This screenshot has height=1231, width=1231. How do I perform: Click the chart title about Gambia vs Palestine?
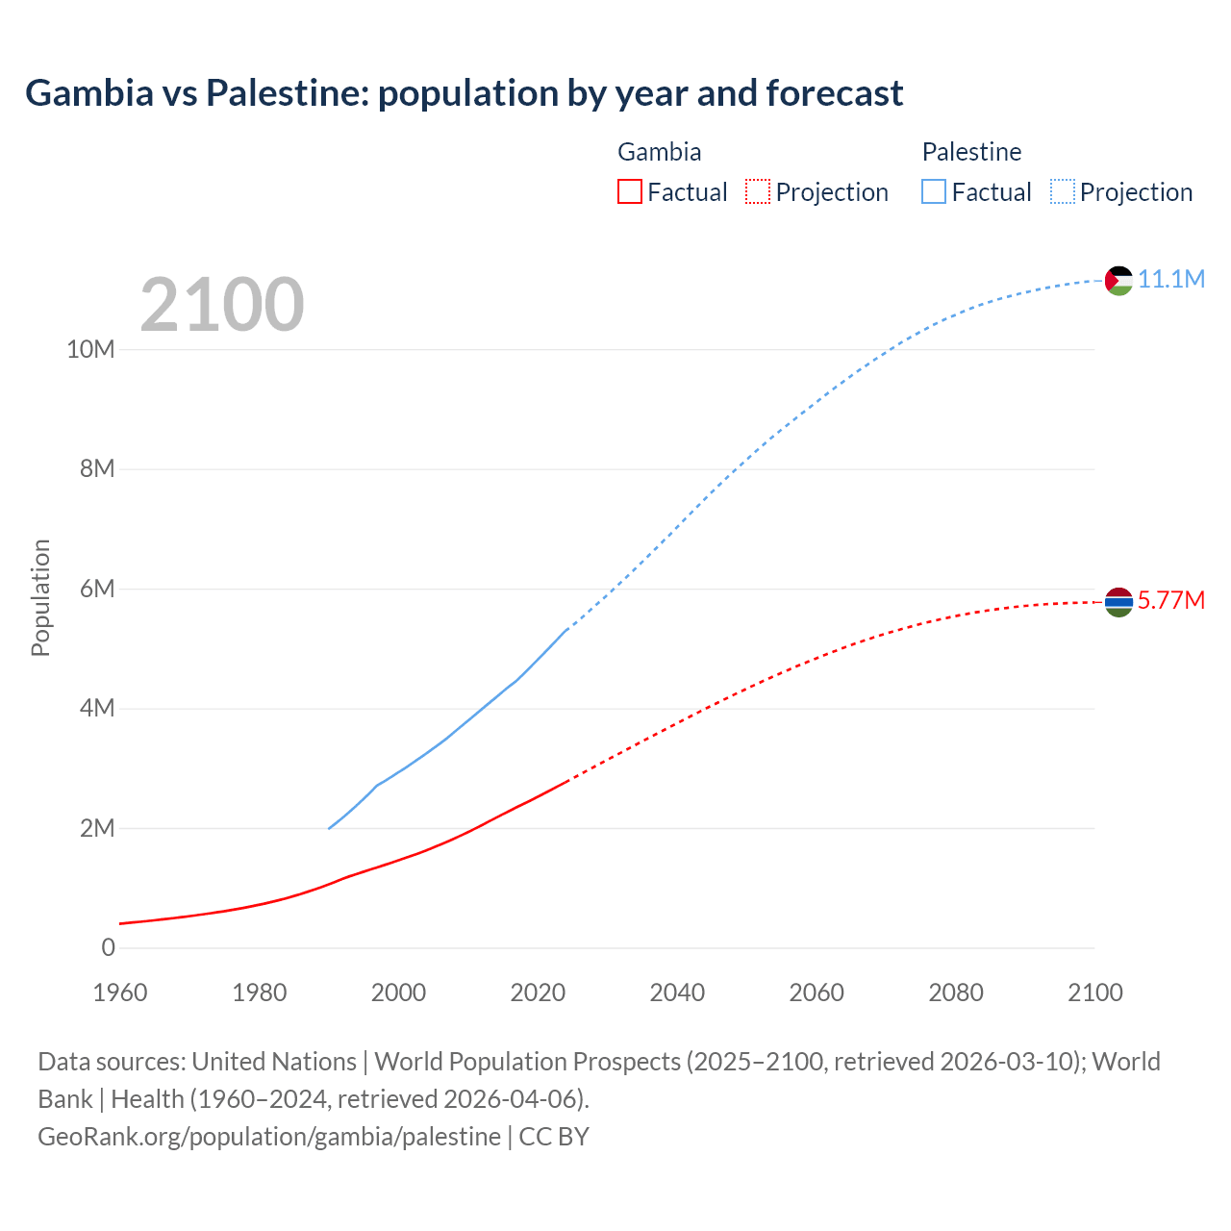coord(464,93)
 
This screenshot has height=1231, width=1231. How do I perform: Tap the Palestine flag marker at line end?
coord(1118,280)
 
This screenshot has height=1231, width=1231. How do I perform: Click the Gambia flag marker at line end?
coord(1118,602)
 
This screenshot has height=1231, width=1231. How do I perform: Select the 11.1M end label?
coord(1171,279)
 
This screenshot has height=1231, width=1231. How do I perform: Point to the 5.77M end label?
coord(1171,600)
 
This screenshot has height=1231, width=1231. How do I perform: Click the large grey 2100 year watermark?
coord(222,305)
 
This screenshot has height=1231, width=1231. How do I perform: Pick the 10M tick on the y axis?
coord(90,349)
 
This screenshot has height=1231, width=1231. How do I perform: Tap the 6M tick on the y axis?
coord(97,589)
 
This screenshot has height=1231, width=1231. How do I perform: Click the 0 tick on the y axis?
coord(108,947)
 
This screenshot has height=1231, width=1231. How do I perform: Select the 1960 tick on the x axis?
coord(120,992)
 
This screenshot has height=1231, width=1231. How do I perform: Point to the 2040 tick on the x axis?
coord(677,992)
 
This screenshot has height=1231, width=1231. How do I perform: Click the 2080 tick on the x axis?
coord(956,992)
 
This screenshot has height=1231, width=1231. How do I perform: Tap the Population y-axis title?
coord(40,597)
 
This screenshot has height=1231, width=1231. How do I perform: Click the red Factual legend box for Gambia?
coord(629,191)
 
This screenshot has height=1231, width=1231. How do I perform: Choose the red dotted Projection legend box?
coord(758,191)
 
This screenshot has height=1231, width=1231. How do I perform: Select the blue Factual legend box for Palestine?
coord(934,191)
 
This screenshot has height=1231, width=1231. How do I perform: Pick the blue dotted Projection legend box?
coord(1063,191)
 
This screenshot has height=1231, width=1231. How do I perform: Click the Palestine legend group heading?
coord(971,152)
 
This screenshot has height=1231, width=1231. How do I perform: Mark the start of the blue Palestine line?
coord(329,828)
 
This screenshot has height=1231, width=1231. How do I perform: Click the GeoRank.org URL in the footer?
coord(269,1137)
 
